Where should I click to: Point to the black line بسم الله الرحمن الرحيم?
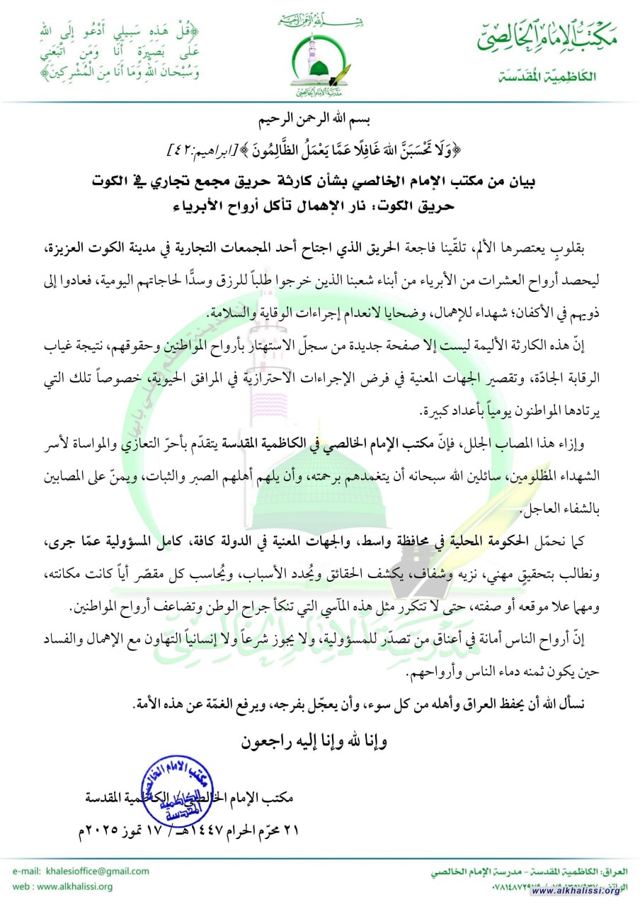click(x=319, y=118)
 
